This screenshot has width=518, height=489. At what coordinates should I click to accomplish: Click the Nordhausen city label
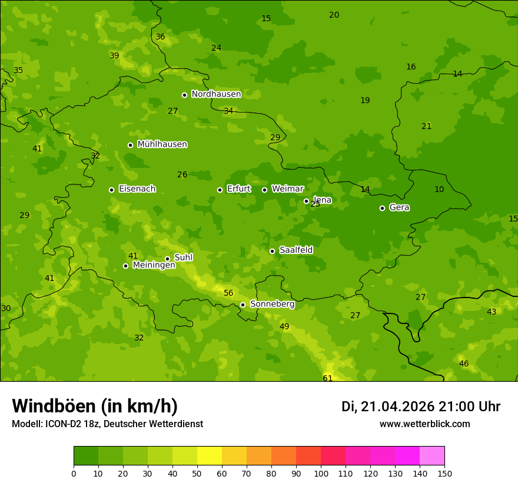coord(216,94)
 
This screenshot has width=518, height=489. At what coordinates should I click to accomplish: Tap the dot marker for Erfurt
coord(220,190)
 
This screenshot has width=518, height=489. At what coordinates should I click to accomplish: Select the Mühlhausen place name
coord(162,144)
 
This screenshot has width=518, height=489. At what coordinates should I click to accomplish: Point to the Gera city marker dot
coord(382,208)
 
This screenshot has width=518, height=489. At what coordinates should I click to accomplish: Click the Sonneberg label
coord(272,304)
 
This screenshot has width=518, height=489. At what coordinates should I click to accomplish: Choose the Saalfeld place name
coord(295,250)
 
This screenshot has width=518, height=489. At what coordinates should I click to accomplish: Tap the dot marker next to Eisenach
coord(111,190)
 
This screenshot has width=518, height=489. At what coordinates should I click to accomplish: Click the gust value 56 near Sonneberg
coord(228,293)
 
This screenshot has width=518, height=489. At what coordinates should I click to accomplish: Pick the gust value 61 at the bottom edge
coord(328,378)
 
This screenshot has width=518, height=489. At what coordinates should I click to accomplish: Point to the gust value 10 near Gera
coord(439,190)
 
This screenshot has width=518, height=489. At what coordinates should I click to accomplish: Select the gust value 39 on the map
coord(114,56)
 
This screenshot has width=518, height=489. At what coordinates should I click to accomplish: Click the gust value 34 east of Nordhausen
coord(228,111)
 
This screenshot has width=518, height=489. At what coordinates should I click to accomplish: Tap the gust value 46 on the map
coord(464,364)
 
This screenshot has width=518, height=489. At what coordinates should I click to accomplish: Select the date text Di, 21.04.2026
coord(387,407)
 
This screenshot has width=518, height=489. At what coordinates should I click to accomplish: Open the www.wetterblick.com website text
coord(424,424)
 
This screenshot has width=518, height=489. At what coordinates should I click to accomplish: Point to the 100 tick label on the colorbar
coord(321,473)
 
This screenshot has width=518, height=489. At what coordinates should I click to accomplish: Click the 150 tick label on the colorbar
coord(444,473)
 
